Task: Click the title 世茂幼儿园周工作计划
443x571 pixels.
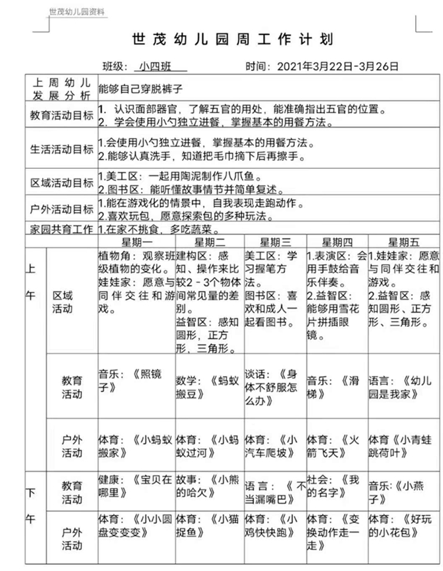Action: (232, 40)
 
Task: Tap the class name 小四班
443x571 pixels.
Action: (154, 66)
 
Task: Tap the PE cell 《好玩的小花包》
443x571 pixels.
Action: (403, 525)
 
